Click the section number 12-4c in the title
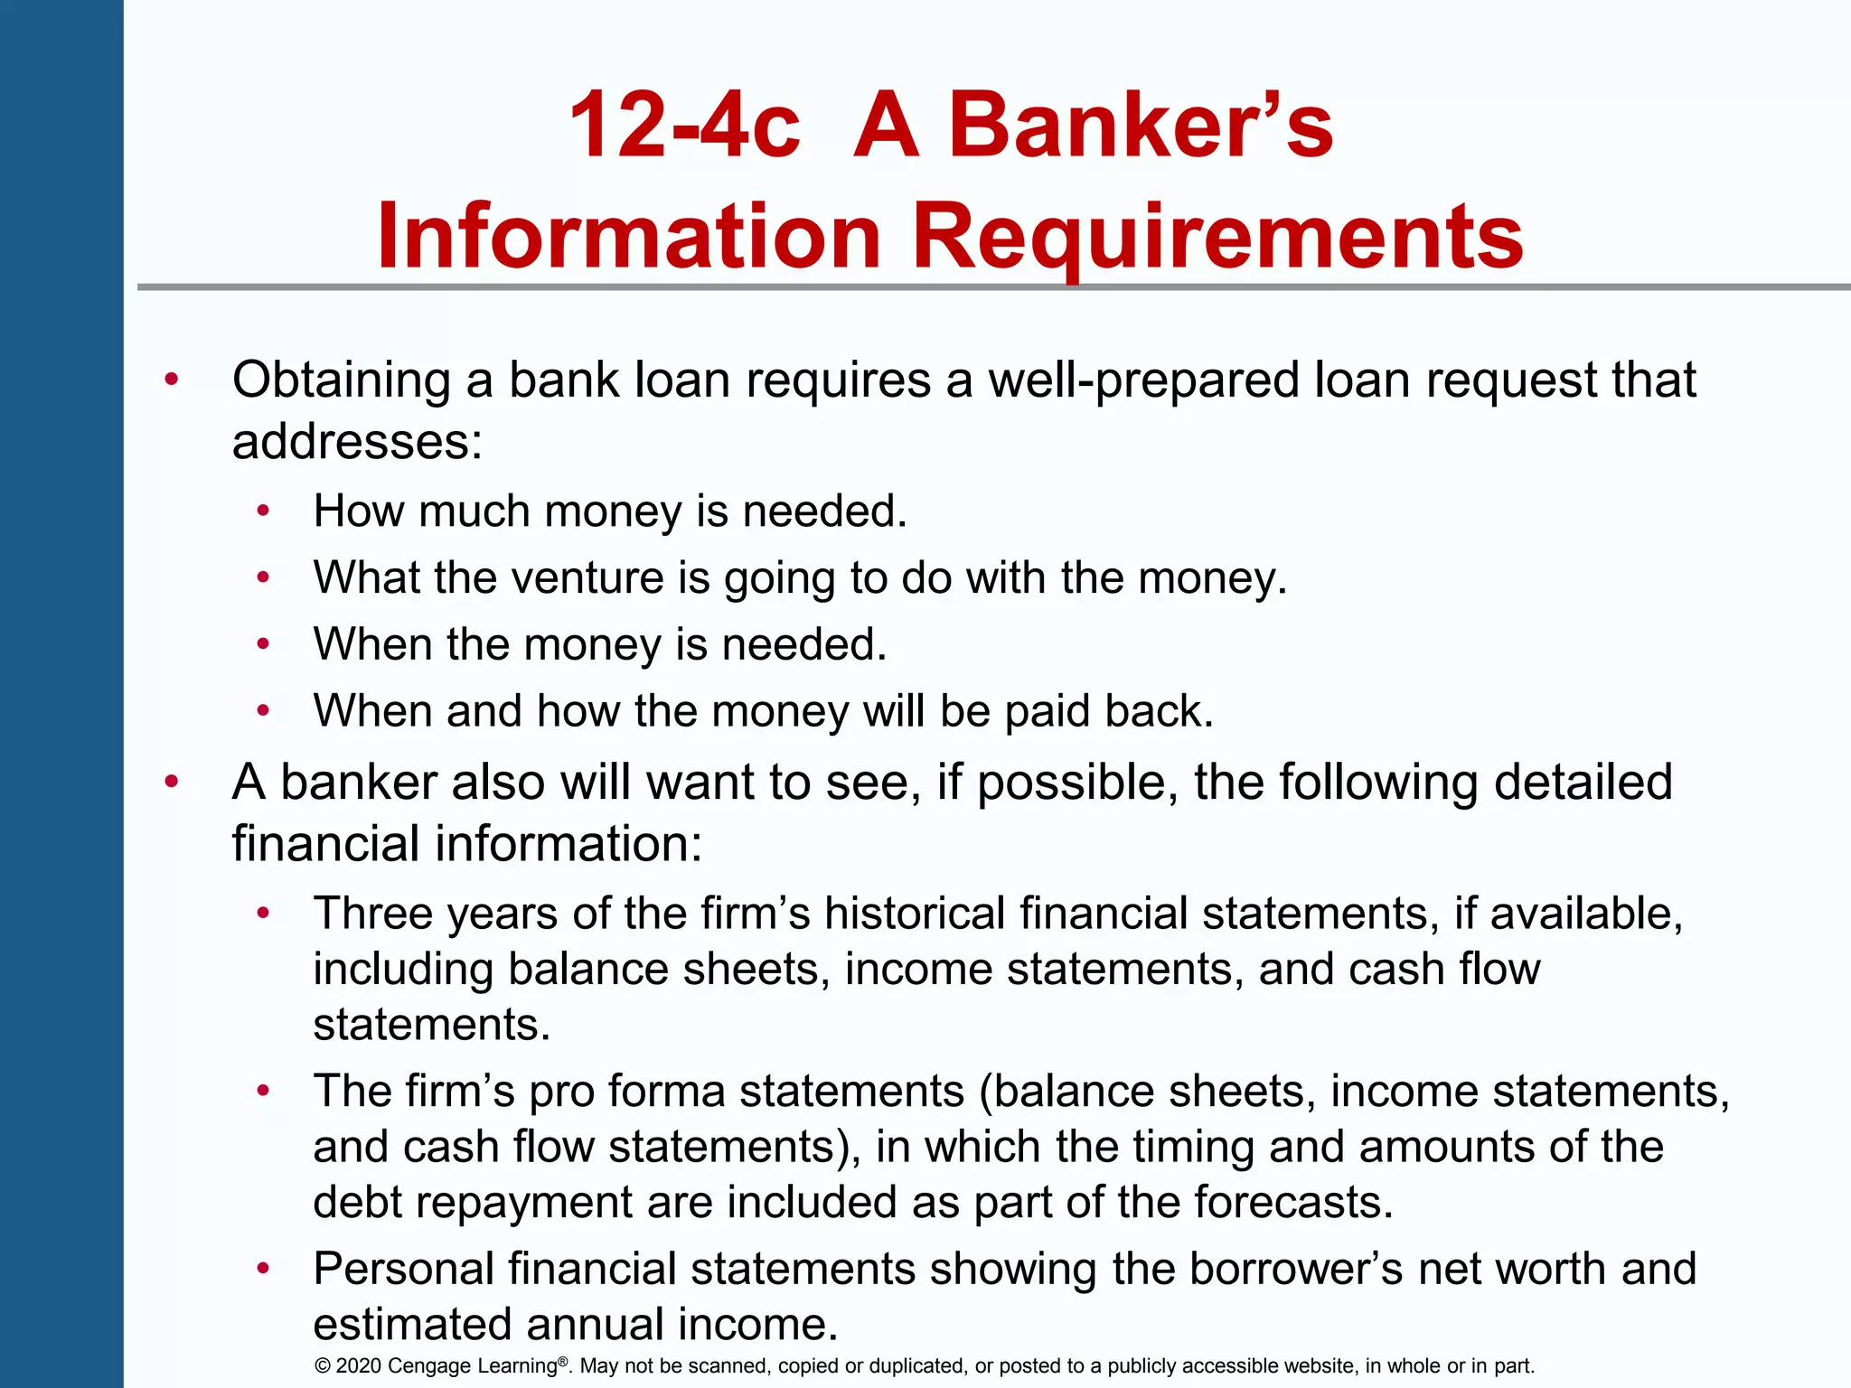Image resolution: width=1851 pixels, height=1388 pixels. tap(684, 126)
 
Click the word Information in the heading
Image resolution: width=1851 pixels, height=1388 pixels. tap(629, 237)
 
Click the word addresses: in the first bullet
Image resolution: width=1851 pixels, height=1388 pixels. tap(358, 442)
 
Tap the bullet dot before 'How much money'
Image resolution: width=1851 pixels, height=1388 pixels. tap(263, 511)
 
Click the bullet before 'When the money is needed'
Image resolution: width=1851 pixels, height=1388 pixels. tap(263, 644)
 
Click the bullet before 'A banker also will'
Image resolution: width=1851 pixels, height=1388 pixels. tap(172, 782)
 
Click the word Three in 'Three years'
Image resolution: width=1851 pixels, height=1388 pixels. tap(373, 913)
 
